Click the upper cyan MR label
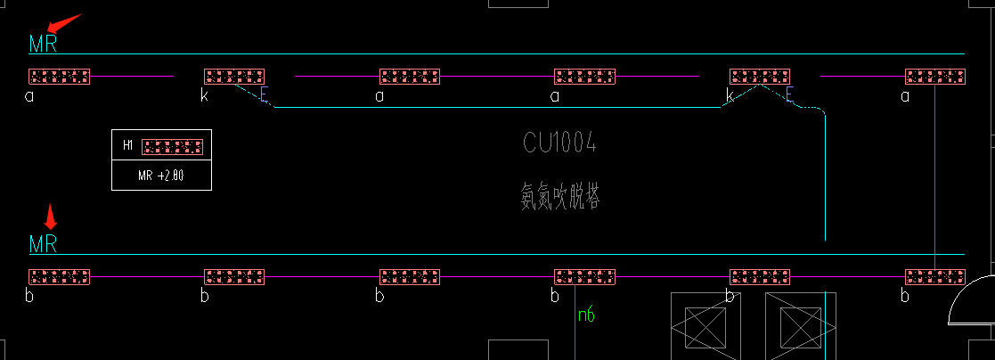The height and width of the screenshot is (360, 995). [43, 44]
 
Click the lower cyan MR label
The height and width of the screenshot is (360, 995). [43, 244]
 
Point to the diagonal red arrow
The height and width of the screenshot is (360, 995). [63, 21]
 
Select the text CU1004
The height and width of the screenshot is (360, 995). [559, 143]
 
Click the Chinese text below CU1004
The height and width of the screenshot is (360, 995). [559, 196]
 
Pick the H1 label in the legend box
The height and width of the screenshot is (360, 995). [127, 145]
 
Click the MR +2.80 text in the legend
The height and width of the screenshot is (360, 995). [161, 176]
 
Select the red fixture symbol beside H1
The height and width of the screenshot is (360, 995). [173, 146]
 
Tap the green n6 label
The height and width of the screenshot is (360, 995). [585, 314]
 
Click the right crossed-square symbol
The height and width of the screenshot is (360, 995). [798, 326]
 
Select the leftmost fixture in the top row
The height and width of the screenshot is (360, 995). [59, 77]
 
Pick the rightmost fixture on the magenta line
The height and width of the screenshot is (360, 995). [935, 277]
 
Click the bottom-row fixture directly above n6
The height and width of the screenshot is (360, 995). [584, 277]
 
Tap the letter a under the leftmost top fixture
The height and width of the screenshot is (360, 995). [29, 95]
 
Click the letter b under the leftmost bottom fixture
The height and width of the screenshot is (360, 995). [29, 296]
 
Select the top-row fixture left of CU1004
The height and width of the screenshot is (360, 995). [410, 77]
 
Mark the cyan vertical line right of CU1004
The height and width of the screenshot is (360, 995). [826, 178]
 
